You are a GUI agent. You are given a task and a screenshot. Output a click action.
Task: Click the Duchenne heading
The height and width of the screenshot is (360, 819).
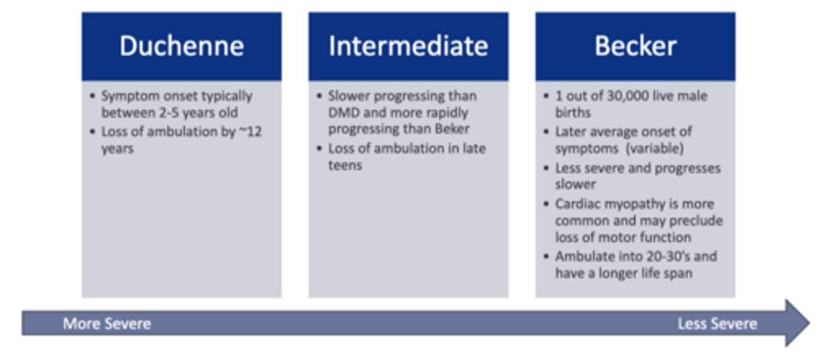pos(182,46)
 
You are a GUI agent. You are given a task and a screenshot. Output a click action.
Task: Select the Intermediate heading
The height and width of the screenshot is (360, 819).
pos(408,46)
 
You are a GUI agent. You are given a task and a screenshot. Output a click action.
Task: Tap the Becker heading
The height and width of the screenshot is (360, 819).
pos(635,46)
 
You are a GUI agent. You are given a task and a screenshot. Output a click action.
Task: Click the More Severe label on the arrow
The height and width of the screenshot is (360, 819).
pos(107,324)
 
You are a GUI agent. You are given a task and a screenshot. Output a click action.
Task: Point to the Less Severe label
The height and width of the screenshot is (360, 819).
pos(717,324)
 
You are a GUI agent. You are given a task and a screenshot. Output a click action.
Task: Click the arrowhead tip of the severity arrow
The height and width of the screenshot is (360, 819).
pos(809,323)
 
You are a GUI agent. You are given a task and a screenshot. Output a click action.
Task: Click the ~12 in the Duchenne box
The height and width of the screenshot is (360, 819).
pos(250,131)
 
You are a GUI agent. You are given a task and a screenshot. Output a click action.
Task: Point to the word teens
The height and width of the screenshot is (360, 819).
pos(345,165)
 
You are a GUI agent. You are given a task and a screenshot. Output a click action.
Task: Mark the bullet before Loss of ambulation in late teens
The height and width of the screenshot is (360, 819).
pos(319,148)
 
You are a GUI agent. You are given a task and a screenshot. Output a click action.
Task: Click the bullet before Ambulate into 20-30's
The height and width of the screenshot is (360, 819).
pos(546,256)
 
